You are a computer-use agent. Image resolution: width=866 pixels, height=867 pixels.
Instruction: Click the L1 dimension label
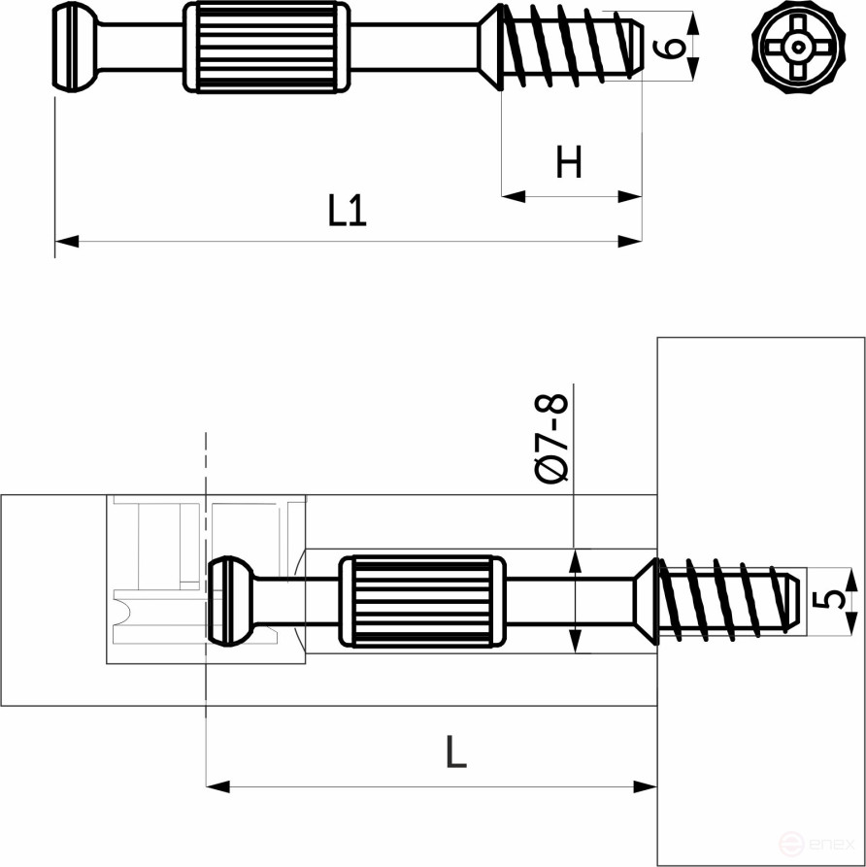click(x=347, y=211)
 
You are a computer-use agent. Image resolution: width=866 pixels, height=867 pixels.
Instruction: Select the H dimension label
click(x=569, y=163)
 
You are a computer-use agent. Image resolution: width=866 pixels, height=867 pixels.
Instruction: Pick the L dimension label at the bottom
click(x=455, y=751)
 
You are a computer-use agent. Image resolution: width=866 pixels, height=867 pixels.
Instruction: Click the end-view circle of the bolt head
click(x=797, y=47)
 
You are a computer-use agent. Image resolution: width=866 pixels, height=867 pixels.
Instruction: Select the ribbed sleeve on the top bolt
click(x=266, y=48)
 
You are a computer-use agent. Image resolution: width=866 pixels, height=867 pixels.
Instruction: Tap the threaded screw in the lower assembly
click(x=728, y=600)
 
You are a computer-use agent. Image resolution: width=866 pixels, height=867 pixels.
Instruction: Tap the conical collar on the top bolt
click(x=491, y=48)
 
